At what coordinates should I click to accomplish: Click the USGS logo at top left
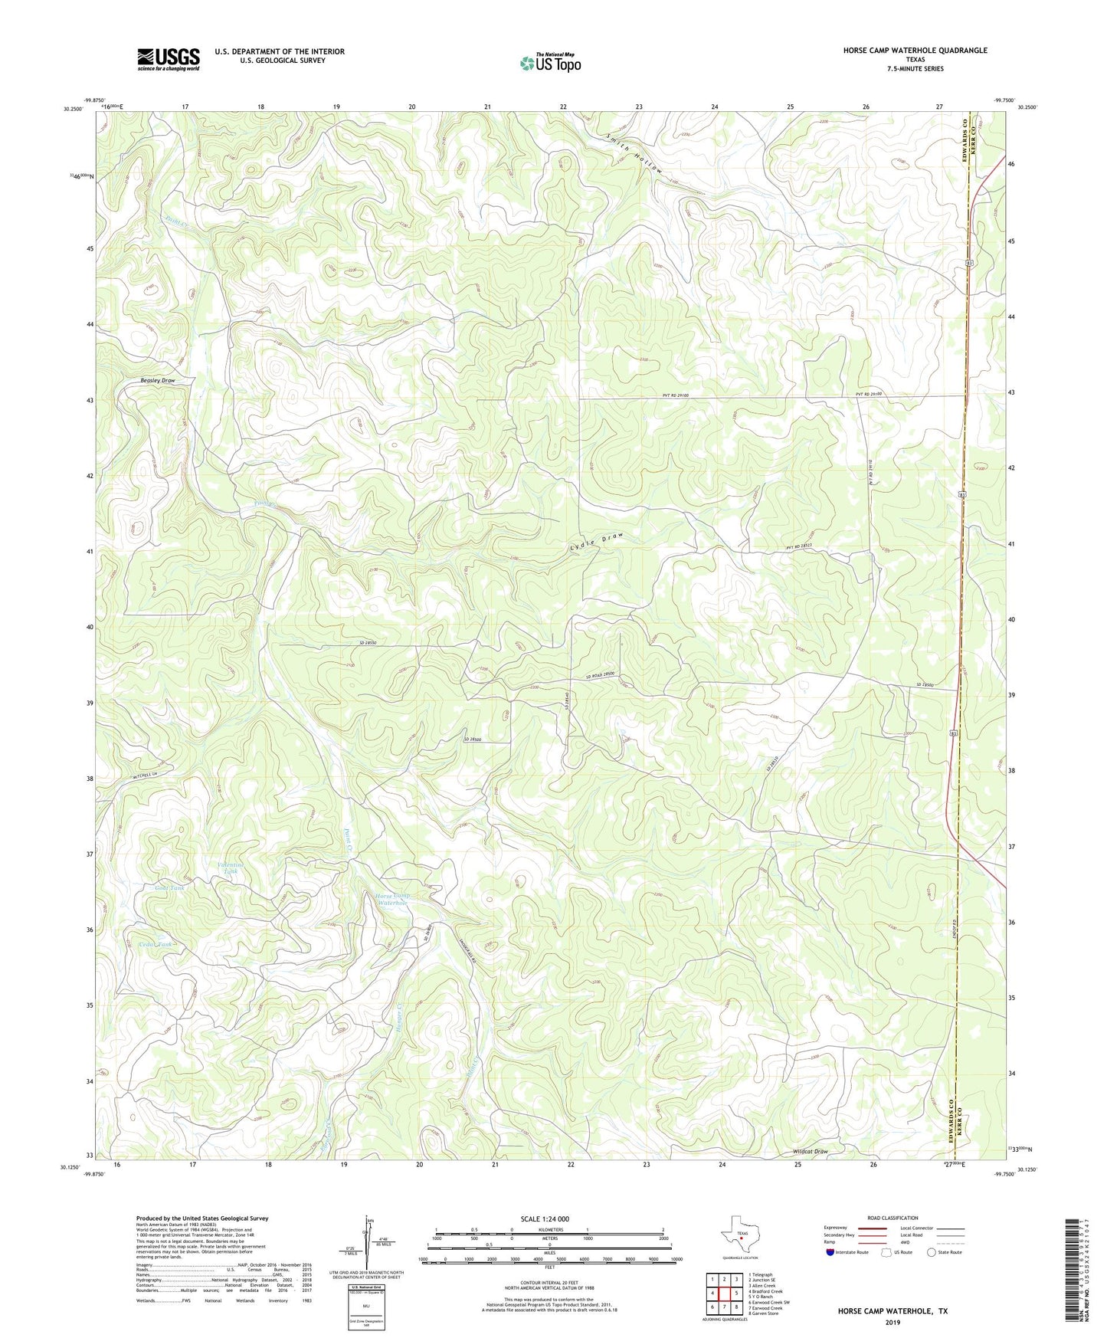169,59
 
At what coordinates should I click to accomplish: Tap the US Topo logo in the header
550,63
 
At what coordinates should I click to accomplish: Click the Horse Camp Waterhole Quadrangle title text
915,51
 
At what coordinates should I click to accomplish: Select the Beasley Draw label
157,381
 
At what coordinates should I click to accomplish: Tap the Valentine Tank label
224,868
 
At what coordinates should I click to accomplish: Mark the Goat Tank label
169,888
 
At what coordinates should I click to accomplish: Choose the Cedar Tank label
156,944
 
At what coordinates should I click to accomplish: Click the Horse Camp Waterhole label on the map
392,900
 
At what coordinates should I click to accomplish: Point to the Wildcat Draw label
811,1151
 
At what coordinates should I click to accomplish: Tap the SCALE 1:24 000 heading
545,1218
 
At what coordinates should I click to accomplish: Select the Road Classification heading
892,1218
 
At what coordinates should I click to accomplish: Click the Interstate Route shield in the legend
830,1252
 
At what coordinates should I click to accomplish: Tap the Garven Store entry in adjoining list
763,1313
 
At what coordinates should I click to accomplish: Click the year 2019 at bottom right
892,1322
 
